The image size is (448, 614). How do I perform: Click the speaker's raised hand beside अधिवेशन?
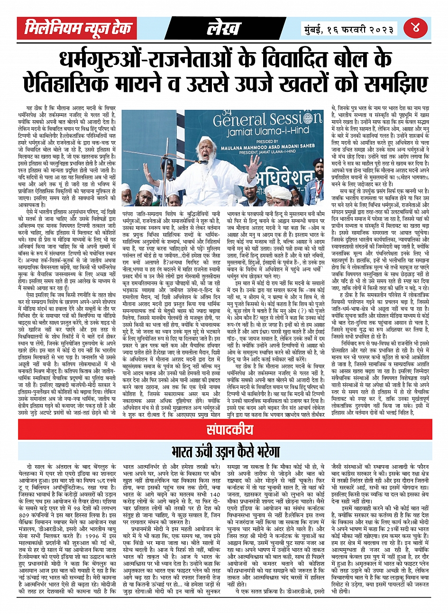254,166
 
